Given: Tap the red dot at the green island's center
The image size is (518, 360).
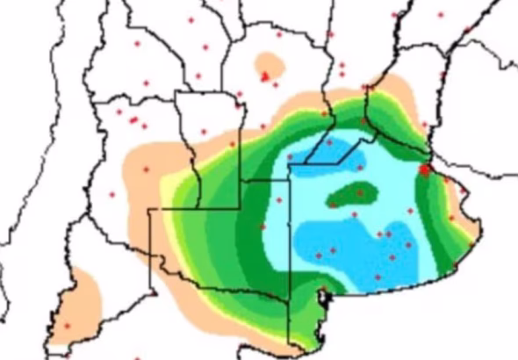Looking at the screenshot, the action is (x=360, y=191).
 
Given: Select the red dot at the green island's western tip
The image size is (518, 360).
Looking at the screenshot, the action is (x=332, y=205).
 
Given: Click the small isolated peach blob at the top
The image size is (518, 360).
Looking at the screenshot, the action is (x=268, y=66).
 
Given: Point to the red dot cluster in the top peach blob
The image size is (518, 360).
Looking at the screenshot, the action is (x=265, y=77).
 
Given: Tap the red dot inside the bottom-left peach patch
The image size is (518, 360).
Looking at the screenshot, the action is (x=67, y=326).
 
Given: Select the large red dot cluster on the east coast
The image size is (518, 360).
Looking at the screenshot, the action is (x=425, y=169).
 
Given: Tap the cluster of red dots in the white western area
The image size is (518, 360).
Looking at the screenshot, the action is (x=133, y=119).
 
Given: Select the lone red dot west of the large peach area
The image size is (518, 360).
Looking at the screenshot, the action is (x=112, y=194).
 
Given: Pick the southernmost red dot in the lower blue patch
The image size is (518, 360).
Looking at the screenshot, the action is (x=378, y=277).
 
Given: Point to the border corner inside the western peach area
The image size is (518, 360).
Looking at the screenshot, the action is (x=151, y=209).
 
